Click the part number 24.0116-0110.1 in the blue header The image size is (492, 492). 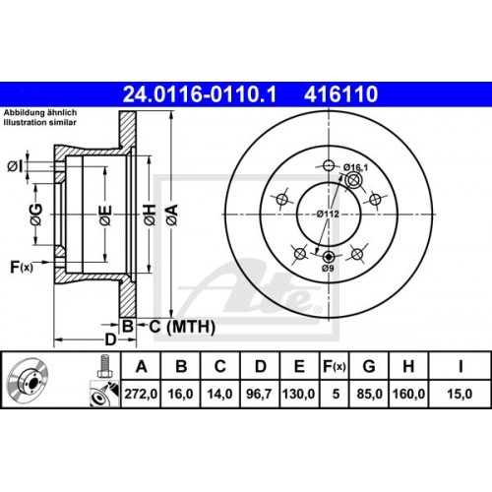[x=200, y=94]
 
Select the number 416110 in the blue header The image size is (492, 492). [x=341, y=94]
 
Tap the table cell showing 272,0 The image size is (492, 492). [x=141, y=394]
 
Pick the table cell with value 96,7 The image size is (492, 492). [x=259, y=394]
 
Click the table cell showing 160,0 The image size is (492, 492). [x=408, y=394]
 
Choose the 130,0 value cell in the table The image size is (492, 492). [x=299, y=394]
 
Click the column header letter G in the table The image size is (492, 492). [x=369, y=366]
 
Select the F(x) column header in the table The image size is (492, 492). [x=334, y=366]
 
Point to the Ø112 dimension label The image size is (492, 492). [x=328, y=215]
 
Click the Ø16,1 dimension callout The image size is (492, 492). [x=356, y=167]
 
